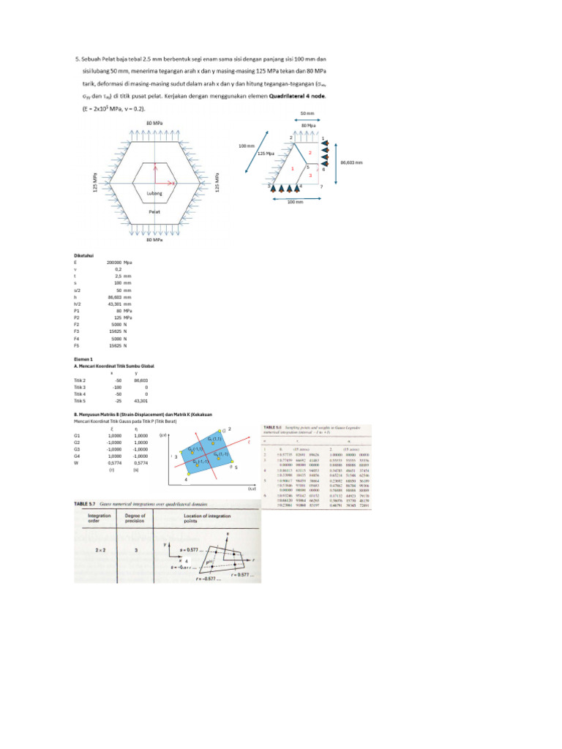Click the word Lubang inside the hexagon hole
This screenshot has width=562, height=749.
(x=154, y=193)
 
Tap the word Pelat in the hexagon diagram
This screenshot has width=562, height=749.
(x=154, y=211)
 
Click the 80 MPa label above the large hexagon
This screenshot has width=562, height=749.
(x=154, y=124)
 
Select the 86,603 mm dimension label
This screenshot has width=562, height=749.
(x=352, y=162)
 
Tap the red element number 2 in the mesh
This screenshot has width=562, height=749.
(x=310, y=153)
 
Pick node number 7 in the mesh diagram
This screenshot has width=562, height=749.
(x=321, y=187)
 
